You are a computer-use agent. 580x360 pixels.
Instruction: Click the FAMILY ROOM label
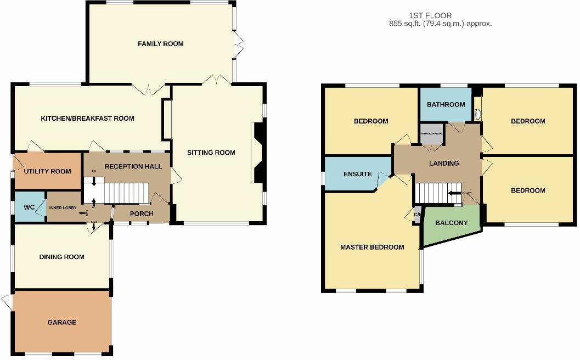coord(160,44)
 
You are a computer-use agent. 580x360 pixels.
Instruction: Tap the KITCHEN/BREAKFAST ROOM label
coord(88,119)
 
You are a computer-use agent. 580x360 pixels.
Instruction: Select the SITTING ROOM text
coord(211,153)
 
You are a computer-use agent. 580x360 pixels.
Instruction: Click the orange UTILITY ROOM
coord(47,171)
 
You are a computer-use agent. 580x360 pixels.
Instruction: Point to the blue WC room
coord(29,207)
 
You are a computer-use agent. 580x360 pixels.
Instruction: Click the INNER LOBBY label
coord(63,207)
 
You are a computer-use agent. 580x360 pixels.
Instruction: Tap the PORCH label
coord(142,213)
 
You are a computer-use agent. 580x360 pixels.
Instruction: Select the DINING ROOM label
coord(61,257)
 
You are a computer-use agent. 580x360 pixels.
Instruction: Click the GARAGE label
coord(61,322)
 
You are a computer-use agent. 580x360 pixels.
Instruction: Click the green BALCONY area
coord(451,223)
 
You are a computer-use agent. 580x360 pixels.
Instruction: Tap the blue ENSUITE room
coord(357,174)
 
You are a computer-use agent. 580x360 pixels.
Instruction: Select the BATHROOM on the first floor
coord(446,104)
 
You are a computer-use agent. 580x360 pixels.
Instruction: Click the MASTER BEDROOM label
coord(372,248)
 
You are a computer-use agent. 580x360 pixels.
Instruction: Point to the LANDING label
coord(444,163)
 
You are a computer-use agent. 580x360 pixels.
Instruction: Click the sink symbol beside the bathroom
coord(477,114)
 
